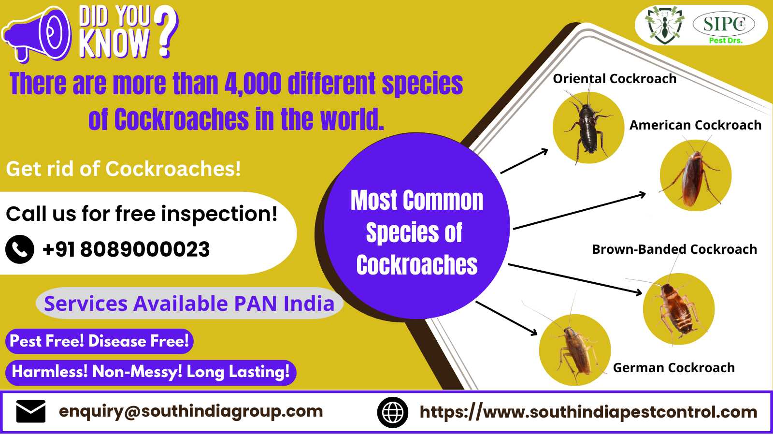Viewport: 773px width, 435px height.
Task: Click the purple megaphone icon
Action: pyautogui.click(x=36, y=34)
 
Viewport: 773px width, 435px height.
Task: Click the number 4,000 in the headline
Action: pyautogui.click(x=253, y=84)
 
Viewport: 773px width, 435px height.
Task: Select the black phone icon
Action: pyautogui.click(x=20, y=249)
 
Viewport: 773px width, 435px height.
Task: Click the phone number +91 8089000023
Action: pyautogui.click(x=126, y=249)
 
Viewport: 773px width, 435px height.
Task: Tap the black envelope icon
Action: pyautogui.click(x=31, y=411)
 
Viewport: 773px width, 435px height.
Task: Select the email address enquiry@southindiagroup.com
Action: pyautogui.click(x=191, y=411)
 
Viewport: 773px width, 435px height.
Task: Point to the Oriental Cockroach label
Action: pyautogui.click(x=615, y=79)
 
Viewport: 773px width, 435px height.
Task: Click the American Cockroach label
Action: pyautogui.click(x=695, y=125)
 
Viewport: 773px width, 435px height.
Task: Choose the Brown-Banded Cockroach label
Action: pyautogui.click(x=674, y=249)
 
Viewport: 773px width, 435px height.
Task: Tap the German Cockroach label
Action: pyautogui.click(x=674, y=368)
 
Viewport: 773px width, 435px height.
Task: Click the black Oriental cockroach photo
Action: pyautogui.click(x=588, y=128)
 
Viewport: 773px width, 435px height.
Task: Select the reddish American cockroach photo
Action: pyautogui.click(x=695, y=175)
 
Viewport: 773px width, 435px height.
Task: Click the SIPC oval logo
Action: pyautogui.click(x=724, y=24)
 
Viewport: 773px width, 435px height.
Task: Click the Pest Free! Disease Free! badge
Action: pyautogui.click(x=100, y=341)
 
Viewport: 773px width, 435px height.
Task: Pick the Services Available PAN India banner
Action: pyautogui.click(x=189, y=303)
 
